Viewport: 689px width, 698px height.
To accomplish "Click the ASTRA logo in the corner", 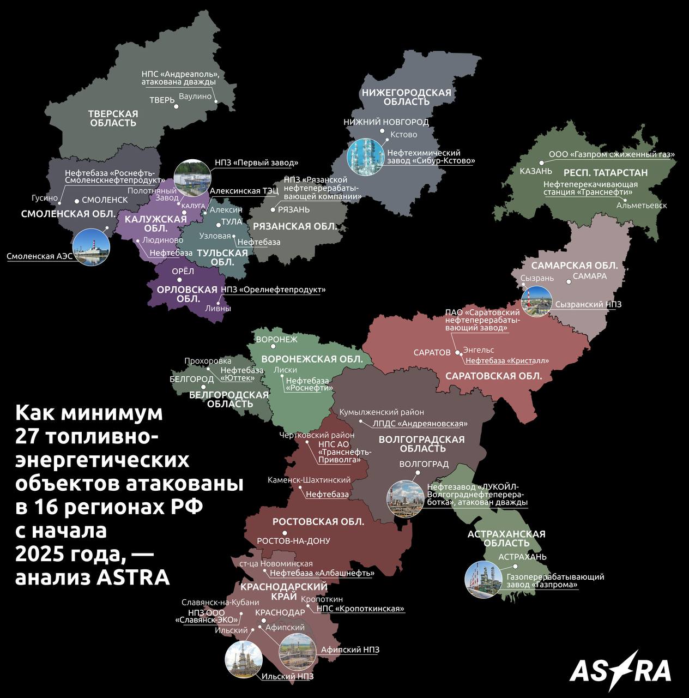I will pos(620,666).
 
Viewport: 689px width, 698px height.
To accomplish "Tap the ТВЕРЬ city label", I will pos(162,100).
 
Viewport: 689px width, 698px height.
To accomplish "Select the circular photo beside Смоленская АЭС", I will pos(90,248).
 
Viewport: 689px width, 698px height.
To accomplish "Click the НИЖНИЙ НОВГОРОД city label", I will pos(386,122).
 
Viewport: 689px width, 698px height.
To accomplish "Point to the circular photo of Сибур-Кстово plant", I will pos(365,157).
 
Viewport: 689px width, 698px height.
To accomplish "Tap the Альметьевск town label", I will pos(642,206).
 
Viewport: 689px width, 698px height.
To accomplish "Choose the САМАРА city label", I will pos(590,276).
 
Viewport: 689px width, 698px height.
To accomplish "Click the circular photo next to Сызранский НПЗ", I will pos(536,301).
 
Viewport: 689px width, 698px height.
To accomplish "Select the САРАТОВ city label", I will pos(432,352).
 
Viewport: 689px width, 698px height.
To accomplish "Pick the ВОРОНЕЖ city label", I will pos(276,339).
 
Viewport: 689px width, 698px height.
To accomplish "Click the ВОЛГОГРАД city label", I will pos(424,464).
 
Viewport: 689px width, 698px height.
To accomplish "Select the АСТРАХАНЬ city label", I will pos(522,557).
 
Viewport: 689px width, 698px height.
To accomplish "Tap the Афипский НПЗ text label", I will pos(350,649).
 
